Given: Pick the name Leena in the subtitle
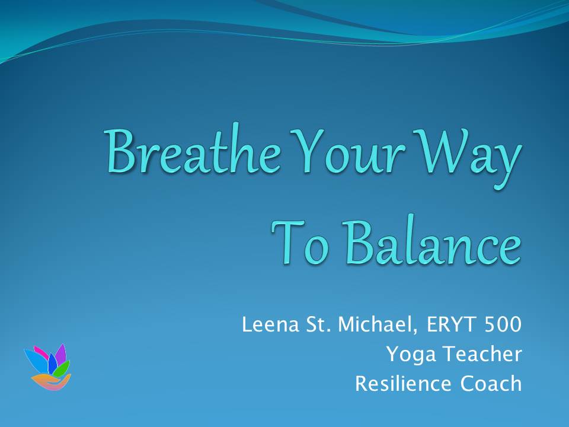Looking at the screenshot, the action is pyautogui.click(x=270, y=324).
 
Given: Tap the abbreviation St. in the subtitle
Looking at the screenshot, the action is pyautogui.click(x=318, y=324).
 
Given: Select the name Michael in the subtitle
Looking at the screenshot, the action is pyautogui.click(x=377, y=324).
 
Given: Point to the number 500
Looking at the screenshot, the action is pyautogui.click(x=503, y=324).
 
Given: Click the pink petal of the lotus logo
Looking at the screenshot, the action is pyautogui.click(x=41, y=352).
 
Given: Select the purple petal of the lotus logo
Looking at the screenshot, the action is pyautogui.click(x=60, y=354).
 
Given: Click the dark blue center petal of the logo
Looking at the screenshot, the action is pyautogui.click(x=53, y=363).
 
